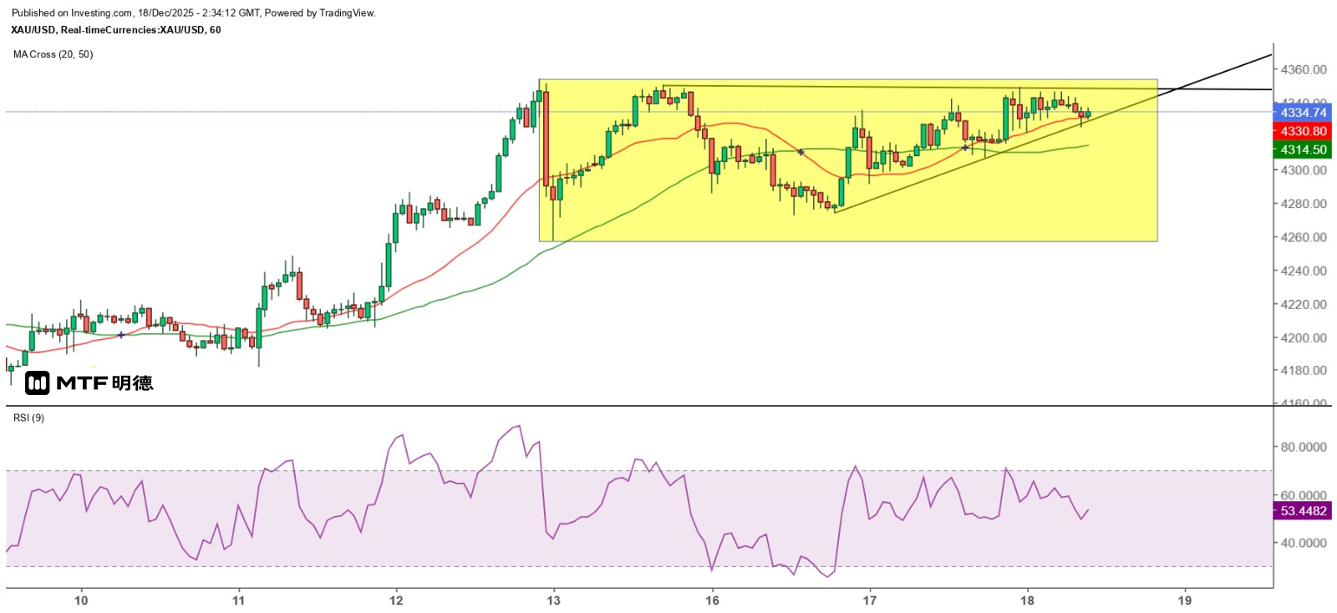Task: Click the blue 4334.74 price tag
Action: (1303, 113)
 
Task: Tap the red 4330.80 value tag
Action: (1303, 131)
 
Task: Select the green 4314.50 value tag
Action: (1303, 149)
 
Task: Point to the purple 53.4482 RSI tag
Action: (1303, 511)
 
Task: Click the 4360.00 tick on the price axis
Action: (1304, 70)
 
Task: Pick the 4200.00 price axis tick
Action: (1304, 338)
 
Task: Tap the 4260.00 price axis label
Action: (1304, 237)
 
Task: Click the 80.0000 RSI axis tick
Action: (1304, 448)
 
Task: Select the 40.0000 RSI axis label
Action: (1304, 544)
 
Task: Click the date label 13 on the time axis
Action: (553, 600)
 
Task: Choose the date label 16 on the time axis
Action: (712, 600)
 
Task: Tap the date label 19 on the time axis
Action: (1185, 600)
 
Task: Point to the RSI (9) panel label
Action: (28, 418)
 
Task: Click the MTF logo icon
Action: (37, 383)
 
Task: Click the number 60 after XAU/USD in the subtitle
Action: (216, 30)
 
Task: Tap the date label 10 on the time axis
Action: (81, 600)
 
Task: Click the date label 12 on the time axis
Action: (396, 600)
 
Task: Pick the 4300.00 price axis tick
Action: (1304, 170)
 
